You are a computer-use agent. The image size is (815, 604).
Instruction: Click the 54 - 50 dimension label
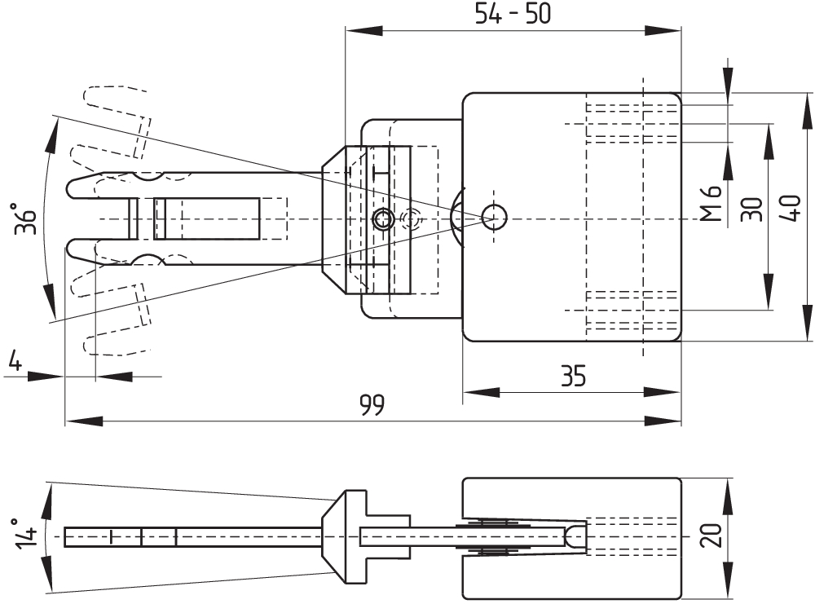(x=513, y=14)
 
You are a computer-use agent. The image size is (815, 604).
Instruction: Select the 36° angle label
(x=25, y=218)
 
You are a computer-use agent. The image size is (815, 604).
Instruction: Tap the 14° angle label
(x=26, y=533)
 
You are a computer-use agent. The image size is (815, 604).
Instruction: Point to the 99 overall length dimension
(x=372, y=405)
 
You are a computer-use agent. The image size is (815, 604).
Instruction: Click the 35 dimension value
(x=573, y=376)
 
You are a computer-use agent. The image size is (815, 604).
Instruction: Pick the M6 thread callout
(x=711, y=204)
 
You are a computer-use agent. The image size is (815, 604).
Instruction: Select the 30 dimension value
(x=751, y=209)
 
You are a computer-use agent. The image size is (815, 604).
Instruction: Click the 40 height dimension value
(x=791, y=209)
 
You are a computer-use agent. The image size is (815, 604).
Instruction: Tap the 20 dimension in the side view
(x=711, y=535)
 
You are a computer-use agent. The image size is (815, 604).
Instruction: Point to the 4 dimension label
(x=15, y=359)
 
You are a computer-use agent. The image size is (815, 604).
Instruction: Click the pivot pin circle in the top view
(x=494, y=218)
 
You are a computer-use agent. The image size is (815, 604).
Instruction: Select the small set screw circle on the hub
(x=383, y=218)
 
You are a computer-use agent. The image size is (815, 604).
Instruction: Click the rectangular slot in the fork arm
(x=206, y=218)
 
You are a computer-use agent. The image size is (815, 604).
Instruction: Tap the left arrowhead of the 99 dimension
(x=83, y=421)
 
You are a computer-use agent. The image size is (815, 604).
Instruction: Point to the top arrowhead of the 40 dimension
(x=807, y=112)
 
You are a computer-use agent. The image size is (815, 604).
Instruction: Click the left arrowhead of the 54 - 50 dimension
(x=363, y=31)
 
